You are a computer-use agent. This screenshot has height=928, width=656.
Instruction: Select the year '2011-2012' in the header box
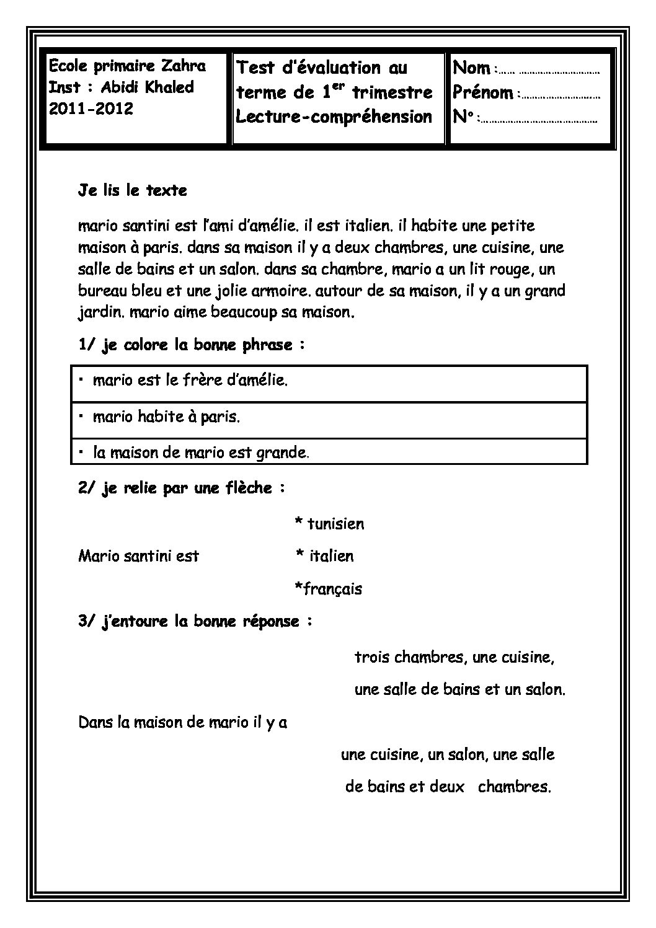(91, 110)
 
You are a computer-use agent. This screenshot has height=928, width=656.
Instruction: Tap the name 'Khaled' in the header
(169, 87)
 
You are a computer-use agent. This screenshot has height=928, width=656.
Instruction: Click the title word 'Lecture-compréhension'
(334, 117)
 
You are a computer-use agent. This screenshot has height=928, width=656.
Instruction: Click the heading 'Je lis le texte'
(133, 190)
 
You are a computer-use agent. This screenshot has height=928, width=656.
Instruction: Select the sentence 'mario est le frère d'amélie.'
(190, 380)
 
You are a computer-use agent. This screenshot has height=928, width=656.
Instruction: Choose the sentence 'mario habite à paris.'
(166, 417)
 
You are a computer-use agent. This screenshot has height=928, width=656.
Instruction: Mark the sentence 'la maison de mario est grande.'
(201, 453)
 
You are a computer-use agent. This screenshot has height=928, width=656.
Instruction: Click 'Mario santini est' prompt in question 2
(139, 556)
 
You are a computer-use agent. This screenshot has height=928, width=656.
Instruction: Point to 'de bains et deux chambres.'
(448, 787)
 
